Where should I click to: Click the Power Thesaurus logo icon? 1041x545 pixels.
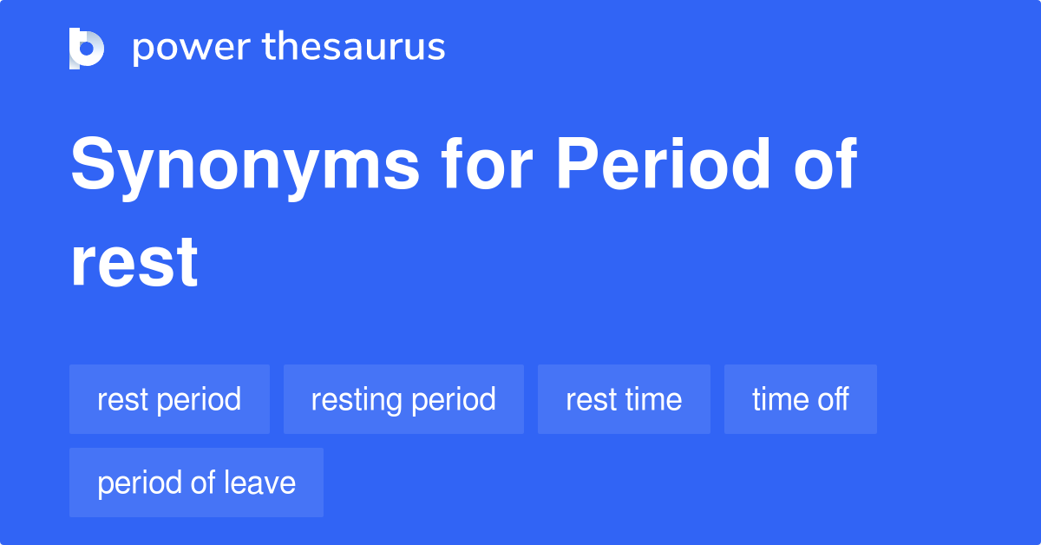tap(87, 48)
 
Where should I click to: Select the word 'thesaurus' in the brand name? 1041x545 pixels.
tap(354, 48)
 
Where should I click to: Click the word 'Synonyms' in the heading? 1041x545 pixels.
tap(245, 165)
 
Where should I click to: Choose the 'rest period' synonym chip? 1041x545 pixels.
tap(169, 399)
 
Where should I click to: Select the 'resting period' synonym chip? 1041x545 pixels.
tap(403, 399)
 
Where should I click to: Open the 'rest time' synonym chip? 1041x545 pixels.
tap(624, 399)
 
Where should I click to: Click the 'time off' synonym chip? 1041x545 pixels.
tap(800, 399)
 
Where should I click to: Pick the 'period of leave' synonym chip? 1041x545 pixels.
tap(196, 483)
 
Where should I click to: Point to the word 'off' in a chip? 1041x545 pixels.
tap(832, 399)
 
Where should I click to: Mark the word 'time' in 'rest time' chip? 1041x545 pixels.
tap(651, 399)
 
